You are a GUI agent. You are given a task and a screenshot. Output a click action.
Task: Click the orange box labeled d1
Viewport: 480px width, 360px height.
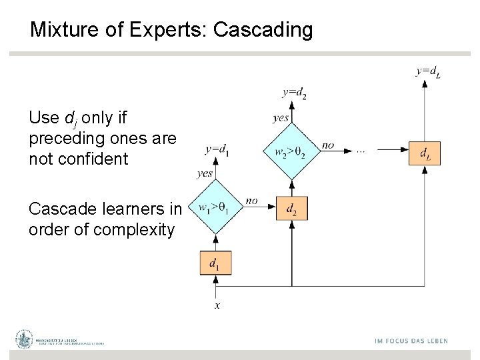click(x=215, y=263)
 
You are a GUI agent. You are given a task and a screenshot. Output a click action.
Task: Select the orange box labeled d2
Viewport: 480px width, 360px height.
click(x=291, y=209)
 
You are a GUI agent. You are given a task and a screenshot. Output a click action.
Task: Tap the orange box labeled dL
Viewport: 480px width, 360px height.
click(x=425, y=153)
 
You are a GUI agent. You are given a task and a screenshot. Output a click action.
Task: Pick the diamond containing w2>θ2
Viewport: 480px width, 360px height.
click(x=291, y=151)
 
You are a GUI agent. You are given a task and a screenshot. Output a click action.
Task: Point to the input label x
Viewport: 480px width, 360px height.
click(x=217, y=305)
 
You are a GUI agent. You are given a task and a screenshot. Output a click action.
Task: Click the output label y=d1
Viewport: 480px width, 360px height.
click(x=216, y=149)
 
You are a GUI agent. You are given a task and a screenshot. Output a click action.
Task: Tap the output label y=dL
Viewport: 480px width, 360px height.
click(x=428, y=71)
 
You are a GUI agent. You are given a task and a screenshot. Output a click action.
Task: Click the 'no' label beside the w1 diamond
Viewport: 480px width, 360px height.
click(x=251, y=200)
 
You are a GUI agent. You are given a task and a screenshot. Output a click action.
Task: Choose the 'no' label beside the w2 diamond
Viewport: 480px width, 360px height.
click(x=328, y=145)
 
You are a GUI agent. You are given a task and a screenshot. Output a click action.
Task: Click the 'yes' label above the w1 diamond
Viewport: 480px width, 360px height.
click(x=205, y=173)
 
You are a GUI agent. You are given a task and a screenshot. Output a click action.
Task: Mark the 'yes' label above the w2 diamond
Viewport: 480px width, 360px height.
click(x=281, y=118)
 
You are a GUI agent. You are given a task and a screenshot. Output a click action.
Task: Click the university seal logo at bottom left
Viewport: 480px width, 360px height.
click(x=25, y=339)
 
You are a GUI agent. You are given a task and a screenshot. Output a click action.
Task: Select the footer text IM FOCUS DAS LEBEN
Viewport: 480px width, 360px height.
click(x=411, y=341)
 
